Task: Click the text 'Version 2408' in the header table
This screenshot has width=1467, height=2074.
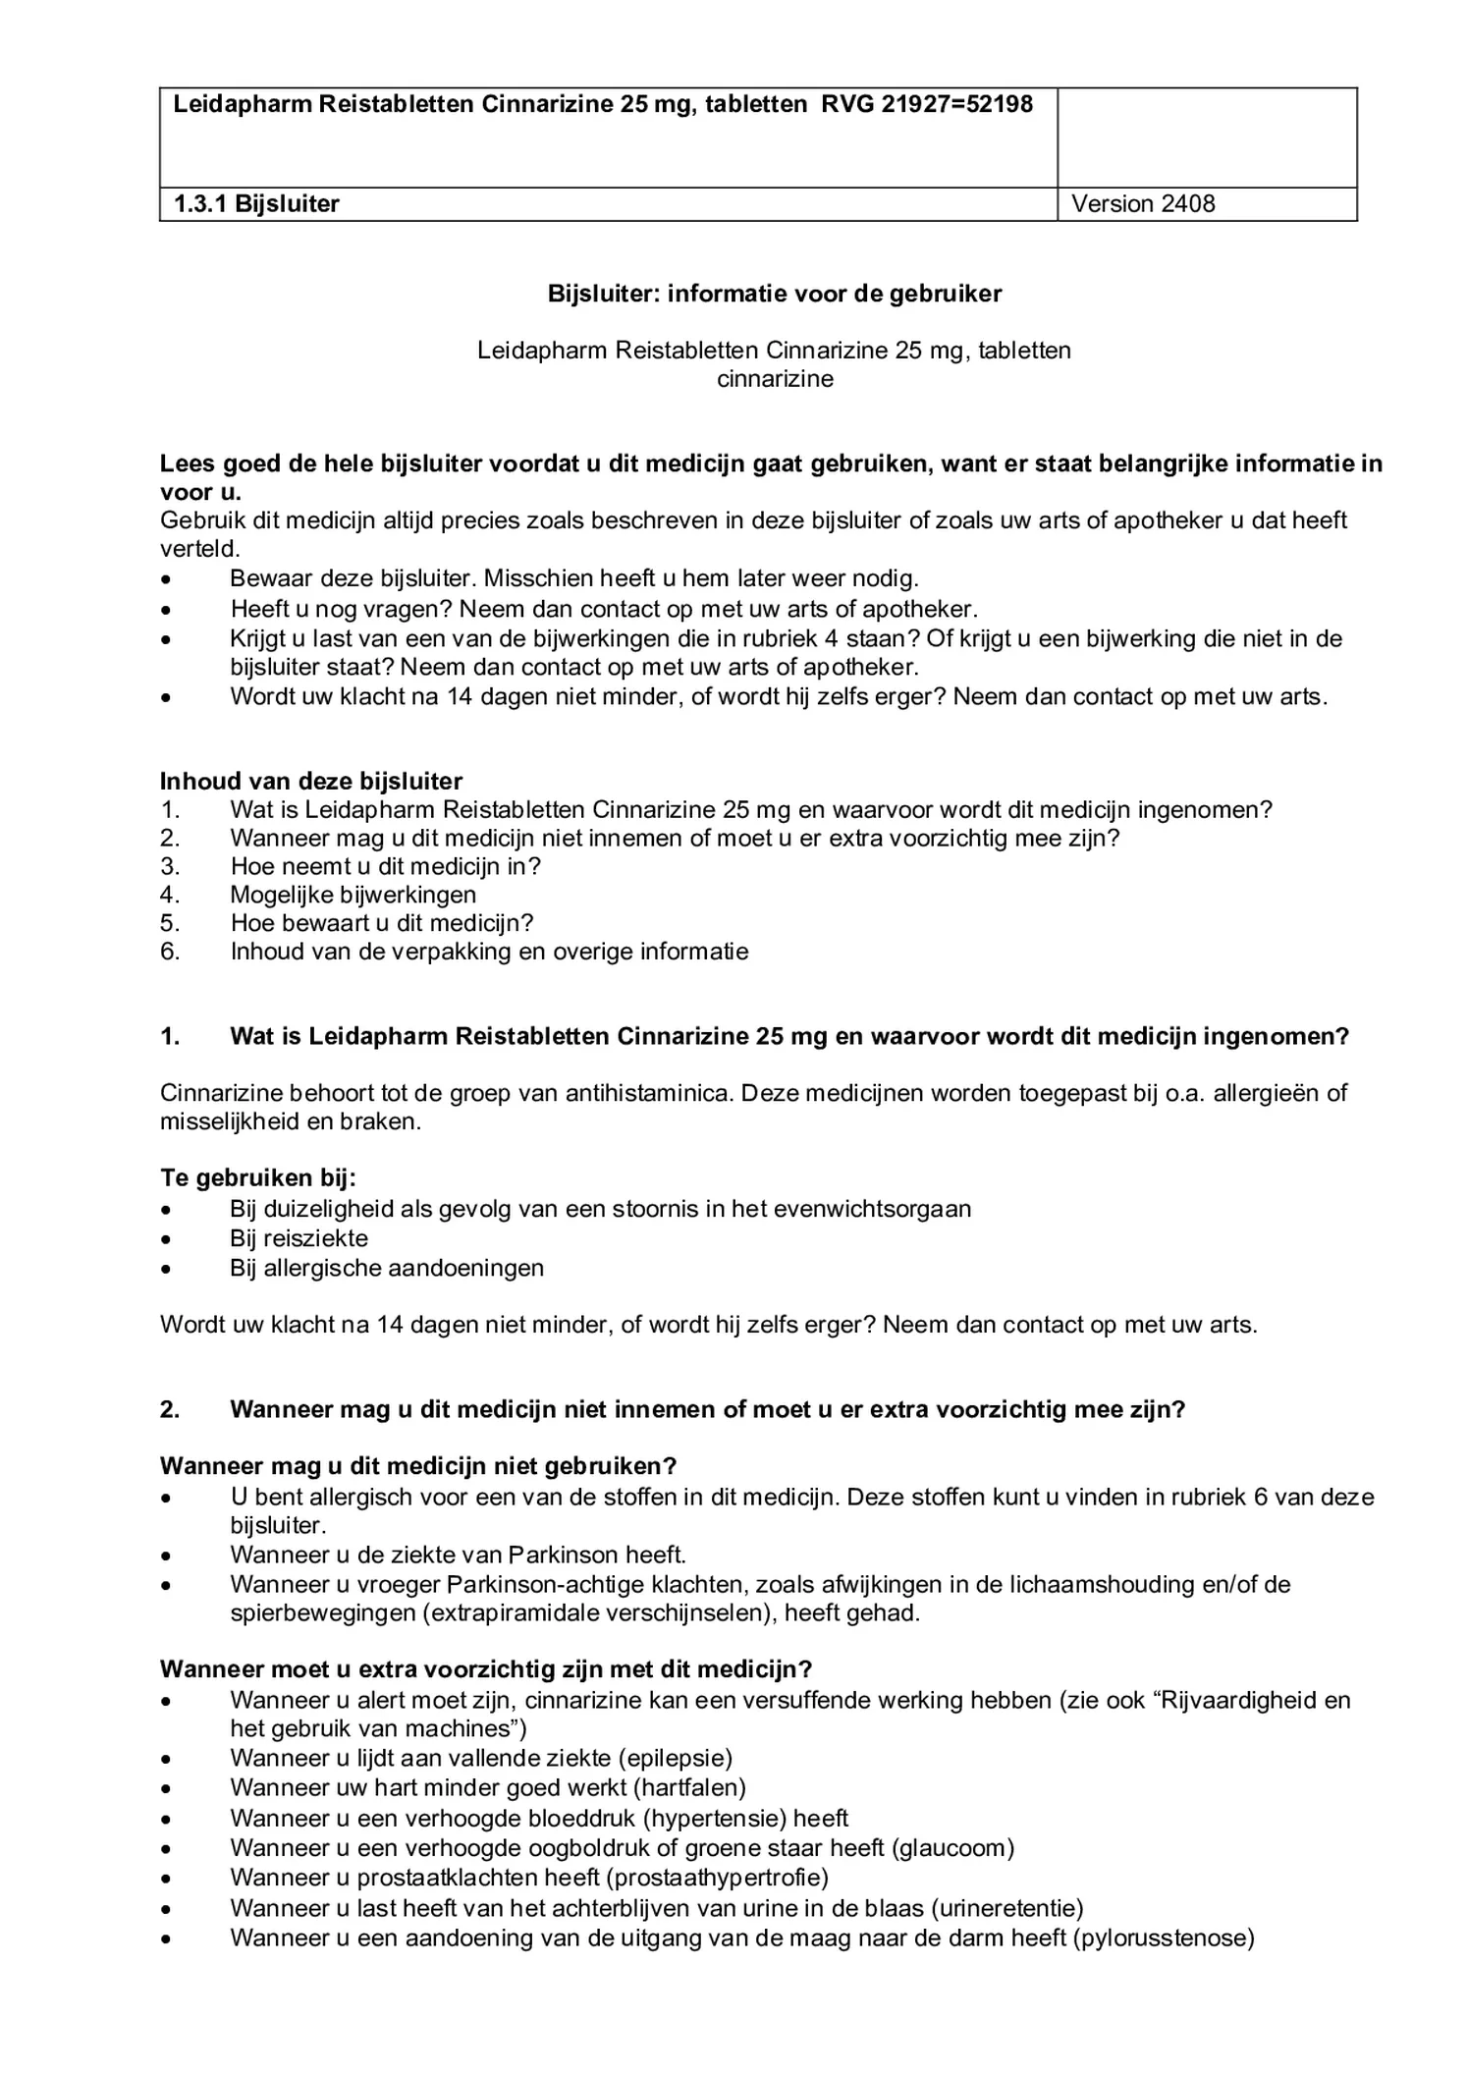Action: [x=1142, y=204]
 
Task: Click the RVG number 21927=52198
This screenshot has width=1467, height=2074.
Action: [x=956, y=104]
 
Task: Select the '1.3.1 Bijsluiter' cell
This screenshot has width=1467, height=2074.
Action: [x=256, y=204]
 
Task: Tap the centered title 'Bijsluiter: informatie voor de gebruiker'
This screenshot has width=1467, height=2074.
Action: [x=774, y=294]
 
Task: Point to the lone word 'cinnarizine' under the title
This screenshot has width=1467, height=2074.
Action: [x=774, y=379]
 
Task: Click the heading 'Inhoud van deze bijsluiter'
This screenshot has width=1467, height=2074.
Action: [x=310, y=782]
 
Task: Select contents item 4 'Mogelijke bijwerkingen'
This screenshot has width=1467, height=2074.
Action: [x=353, y=895]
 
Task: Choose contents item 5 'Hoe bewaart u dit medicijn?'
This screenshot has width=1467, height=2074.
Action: [x=381, y=923]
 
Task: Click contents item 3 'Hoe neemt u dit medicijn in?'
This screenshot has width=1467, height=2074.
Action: [x=385, y=866]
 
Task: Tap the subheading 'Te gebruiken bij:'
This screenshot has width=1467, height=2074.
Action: [x=257, y=1178]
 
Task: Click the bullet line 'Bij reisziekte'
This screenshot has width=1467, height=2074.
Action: [x=299, y=1238]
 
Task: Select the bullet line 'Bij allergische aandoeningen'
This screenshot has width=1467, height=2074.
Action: [x=386, y=1268]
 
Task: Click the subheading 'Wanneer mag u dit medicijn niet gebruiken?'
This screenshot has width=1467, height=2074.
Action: [x=418, y=1466]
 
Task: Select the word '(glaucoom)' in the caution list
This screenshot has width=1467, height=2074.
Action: [x=951, y=1848]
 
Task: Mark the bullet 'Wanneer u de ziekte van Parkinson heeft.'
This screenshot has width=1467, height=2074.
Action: [x=458, y=1555]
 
